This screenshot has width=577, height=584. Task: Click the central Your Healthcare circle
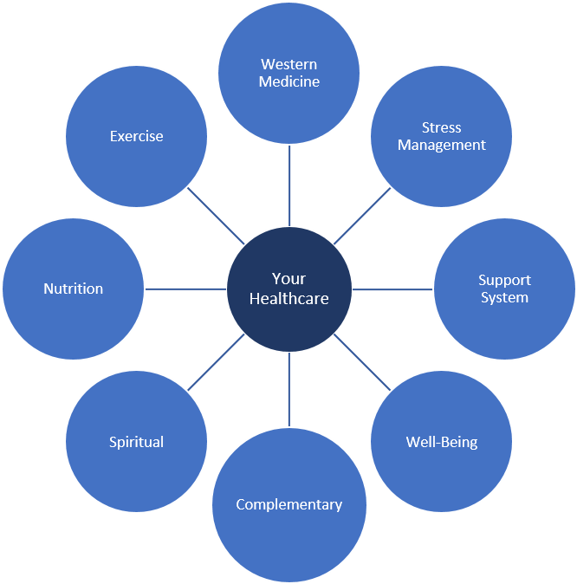[288, 289]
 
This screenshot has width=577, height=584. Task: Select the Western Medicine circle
[289, 73]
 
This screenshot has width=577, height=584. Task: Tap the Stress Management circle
[442, 136]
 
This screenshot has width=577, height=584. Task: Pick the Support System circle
[504, 289]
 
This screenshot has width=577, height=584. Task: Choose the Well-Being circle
[442, 442]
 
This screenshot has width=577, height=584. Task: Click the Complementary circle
[289, 504]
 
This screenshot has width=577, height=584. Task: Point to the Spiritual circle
[136, 442]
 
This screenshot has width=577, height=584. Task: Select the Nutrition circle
[74, 289]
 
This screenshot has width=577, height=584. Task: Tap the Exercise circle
[136, 136]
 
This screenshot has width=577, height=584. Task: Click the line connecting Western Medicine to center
[289, 185]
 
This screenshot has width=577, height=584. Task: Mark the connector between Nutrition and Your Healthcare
[185, 289]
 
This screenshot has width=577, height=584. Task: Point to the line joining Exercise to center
[216, 216]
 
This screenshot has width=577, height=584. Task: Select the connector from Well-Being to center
[362, 362]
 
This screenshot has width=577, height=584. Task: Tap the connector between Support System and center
[392, 289]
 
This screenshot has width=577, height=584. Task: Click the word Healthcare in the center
[288, 298]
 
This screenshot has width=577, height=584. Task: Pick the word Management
[442, 146]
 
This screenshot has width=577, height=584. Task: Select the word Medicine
[289, 82]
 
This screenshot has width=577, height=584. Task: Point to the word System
[504, 298]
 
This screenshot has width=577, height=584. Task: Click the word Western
[289, 64]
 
